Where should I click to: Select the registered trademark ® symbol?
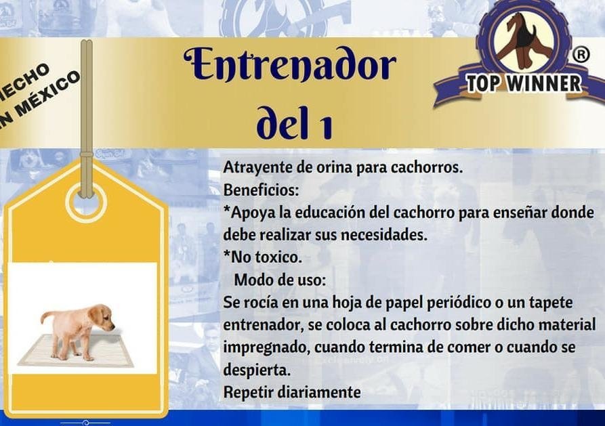(x=580, y=55)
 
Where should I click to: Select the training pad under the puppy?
(x=76, y=350)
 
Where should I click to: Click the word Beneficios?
(x=262, y=190)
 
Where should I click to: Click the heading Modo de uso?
(x=280, y=280)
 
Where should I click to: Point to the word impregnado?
(x=267, y=347)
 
